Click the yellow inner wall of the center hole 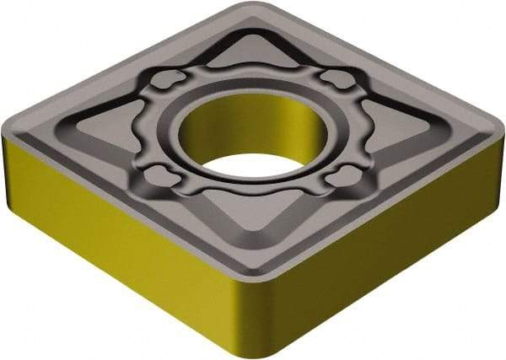click(x=253, y=126)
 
